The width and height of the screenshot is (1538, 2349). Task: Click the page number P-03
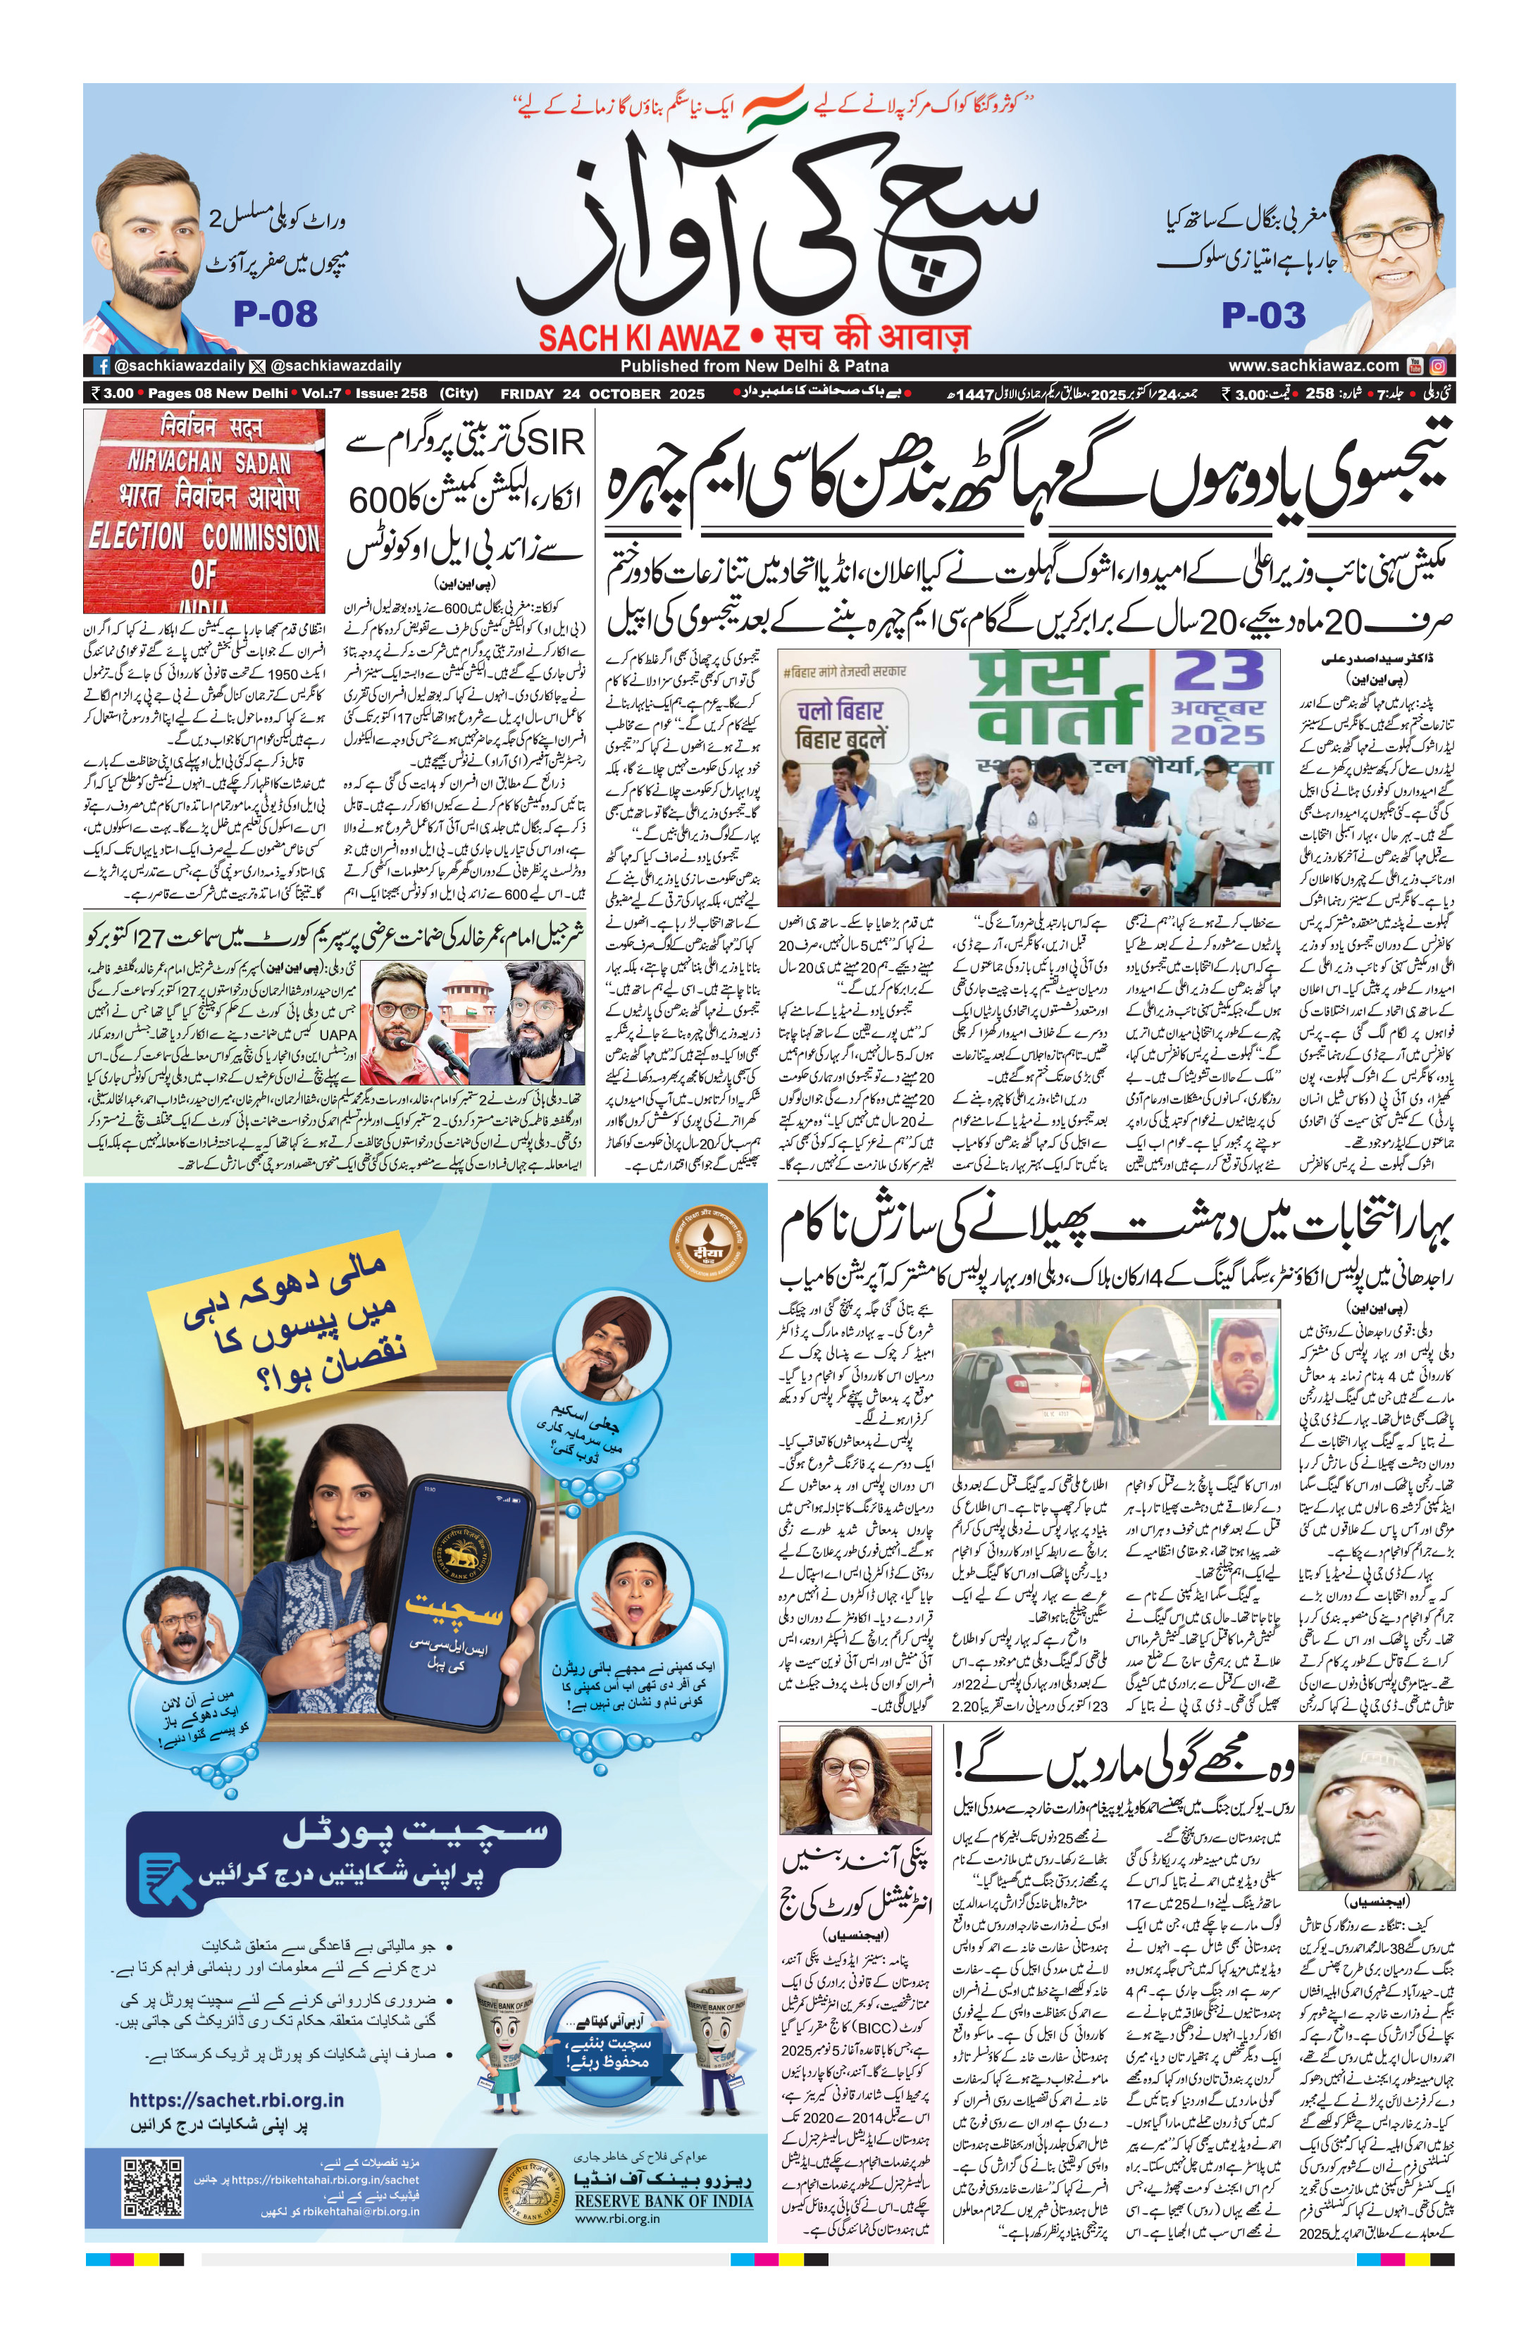click(1263, 316)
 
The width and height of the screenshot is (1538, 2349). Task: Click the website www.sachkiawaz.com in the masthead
click(1313, 365)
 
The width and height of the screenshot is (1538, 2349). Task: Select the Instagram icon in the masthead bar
click(1439, 365)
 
